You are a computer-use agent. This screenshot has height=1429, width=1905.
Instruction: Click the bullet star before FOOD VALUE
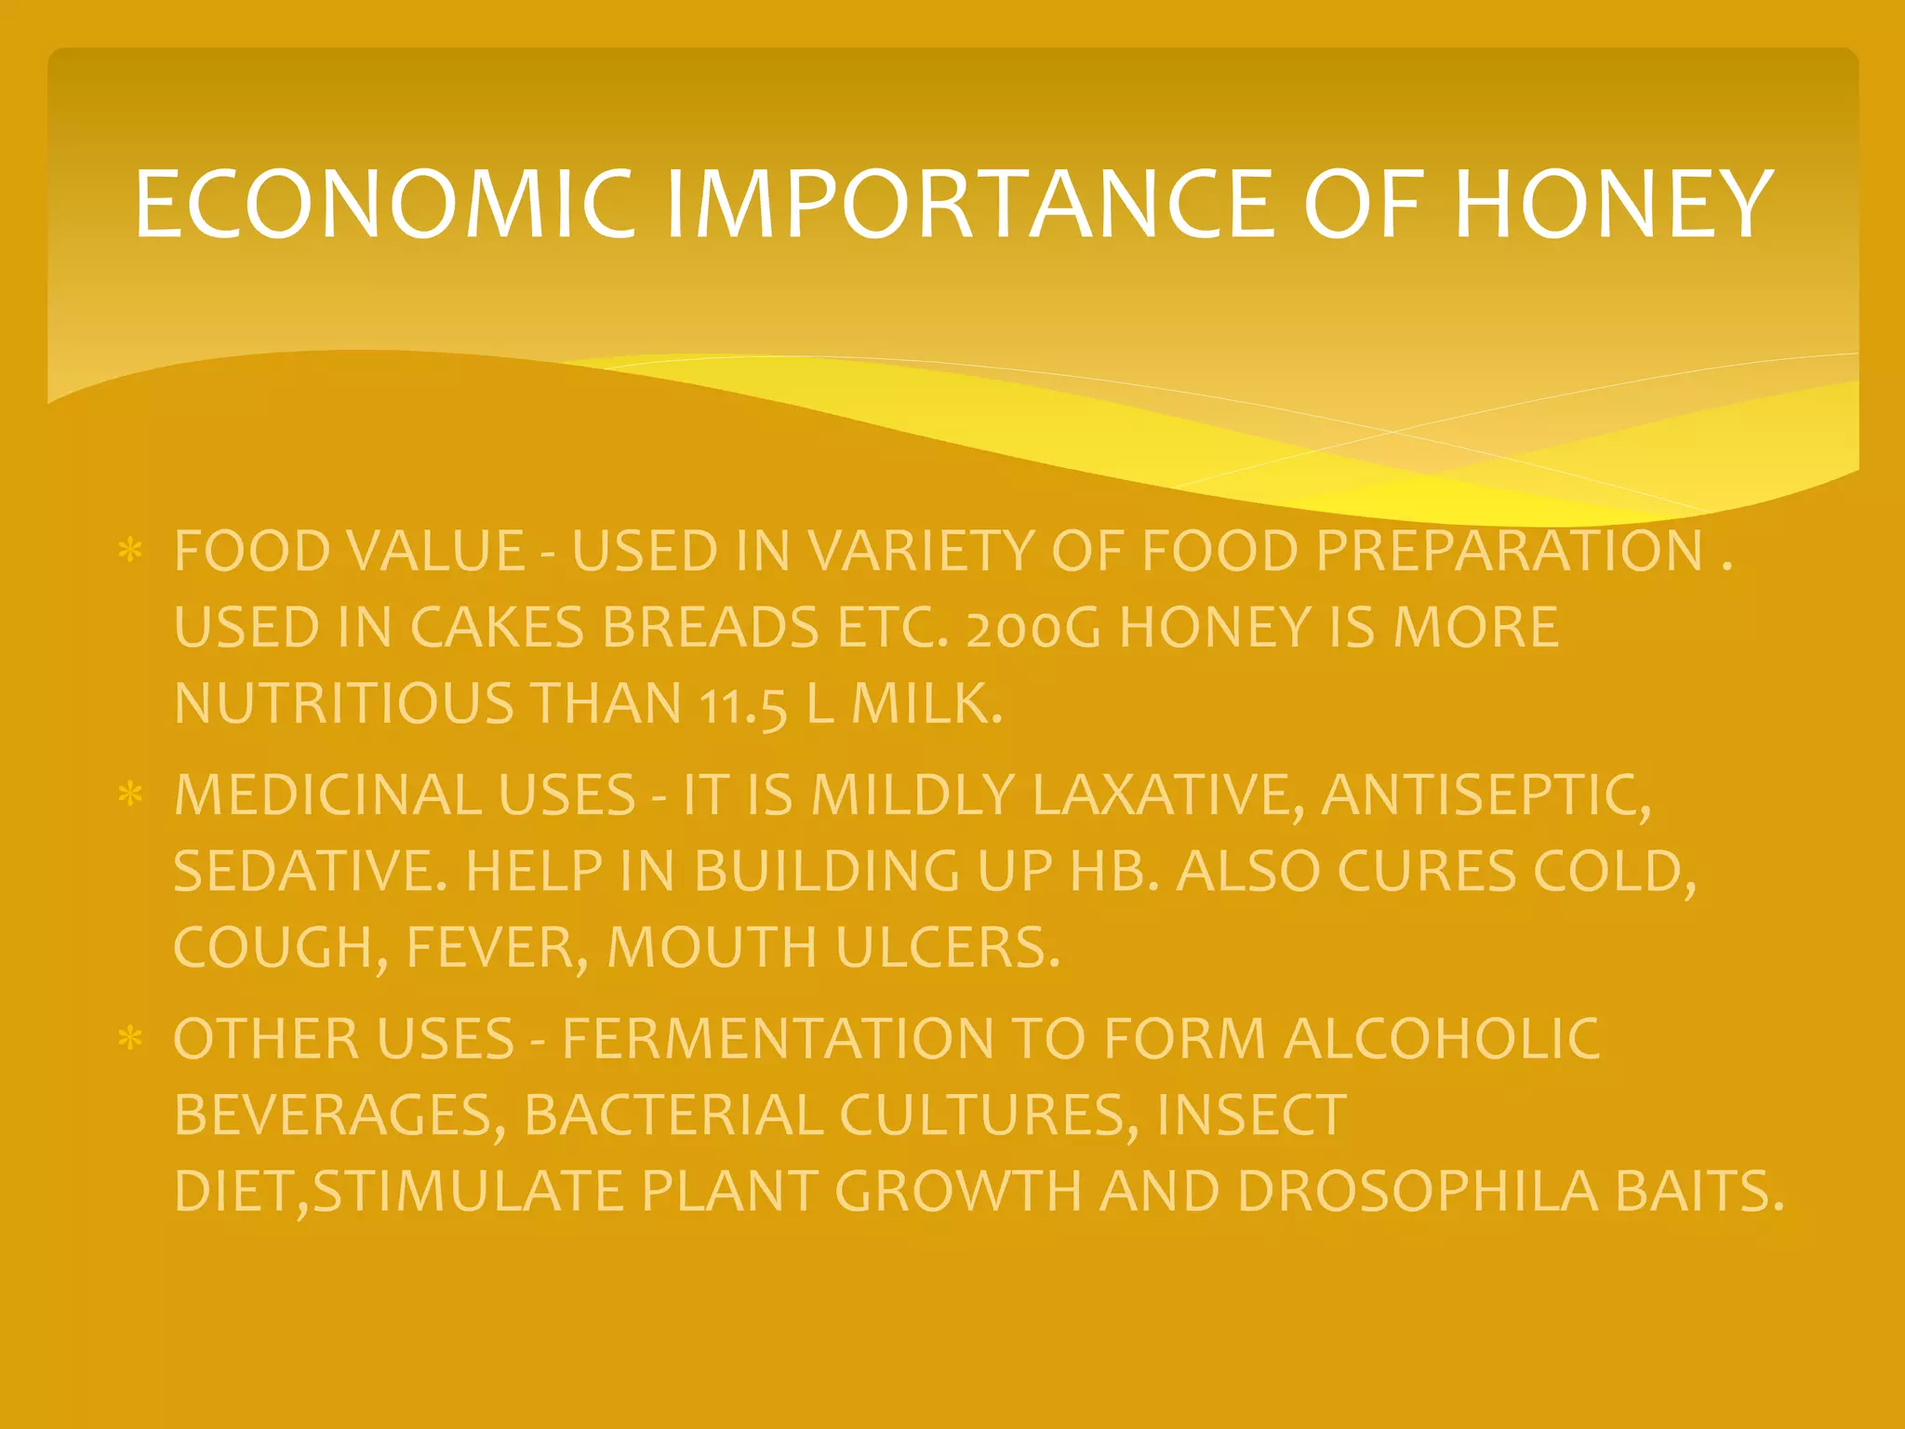coord(130,551)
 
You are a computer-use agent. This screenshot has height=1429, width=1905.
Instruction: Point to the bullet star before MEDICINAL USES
coord(130,795)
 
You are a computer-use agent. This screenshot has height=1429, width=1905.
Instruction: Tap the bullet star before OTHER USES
coord(130,1038)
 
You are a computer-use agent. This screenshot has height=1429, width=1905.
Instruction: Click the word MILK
coord(926,703)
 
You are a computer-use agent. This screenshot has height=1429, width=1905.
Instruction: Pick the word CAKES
coord(497,628)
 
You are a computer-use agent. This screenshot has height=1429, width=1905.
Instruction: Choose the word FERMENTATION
coord(778,1039)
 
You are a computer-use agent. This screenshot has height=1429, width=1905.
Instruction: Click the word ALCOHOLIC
coord(1442,1039)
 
